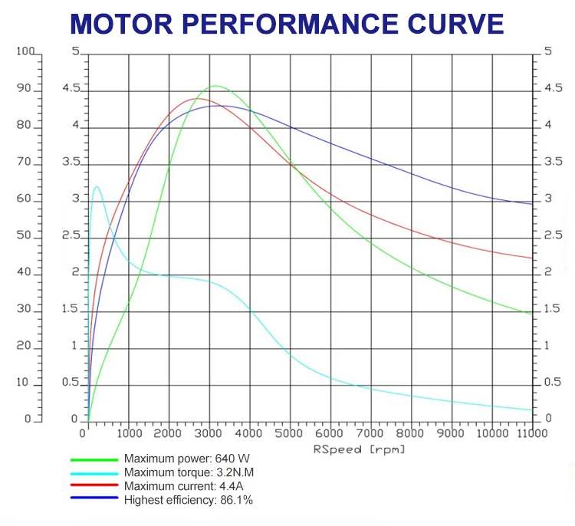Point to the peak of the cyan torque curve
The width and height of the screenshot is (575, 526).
point(97,186)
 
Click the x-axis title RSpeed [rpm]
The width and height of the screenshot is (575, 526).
point(359,449)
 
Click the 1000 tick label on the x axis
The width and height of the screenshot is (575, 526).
point(127,434)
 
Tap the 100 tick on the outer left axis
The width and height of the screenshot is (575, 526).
point(25,52)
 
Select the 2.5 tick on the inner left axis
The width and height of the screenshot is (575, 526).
point(71,235)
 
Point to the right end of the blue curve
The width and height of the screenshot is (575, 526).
point(531,204)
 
